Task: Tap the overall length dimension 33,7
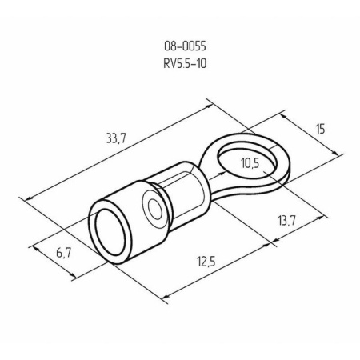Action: [118, 140]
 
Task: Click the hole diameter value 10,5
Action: [250, 164]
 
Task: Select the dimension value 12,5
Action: [206, 259]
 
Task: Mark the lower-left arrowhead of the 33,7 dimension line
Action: [28, 197]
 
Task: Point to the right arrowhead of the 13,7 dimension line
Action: [326, 214]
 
